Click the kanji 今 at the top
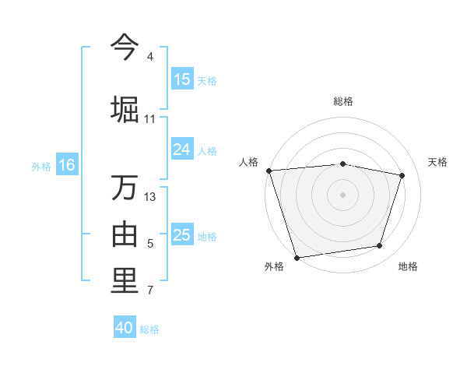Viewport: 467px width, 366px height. pyautogui.click(x=125, y=48)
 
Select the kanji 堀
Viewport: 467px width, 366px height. pyautogui.click(x=125, y=107)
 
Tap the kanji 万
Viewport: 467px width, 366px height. pyautogui.click(x=125, y=188)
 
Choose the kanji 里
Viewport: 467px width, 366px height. pyautogui.click(x=125, y=282)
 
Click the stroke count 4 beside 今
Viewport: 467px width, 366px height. pyautogui.click(x=150, y=57)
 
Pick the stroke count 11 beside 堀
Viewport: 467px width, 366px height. pyautogui.click(x=150, y=119)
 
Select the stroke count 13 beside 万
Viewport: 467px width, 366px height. pyautogui.click(x=150, y=197)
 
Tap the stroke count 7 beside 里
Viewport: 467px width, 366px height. pyautogui.click(x=150, y=291)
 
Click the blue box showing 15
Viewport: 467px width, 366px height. pyautogui.click(x=182, y=79)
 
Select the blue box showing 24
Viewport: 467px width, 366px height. pyautogui.click(x=182, y=150)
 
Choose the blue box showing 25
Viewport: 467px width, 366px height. pyautogui.click(x=182, y=235)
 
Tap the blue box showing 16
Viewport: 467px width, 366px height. pyautogui.click(x=67, y=165)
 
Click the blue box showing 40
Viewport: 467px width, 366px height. pyautogui.click(x=125, y=328)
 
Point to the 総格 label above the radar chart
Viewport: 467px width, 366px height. pyautogui.click(x=343, y=102)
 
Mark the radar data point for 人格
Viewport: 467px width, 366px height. pyautogui.click(x=269, y=171)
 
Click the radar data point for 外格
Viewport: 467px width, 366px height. pyautogui.click(x=297, y=257)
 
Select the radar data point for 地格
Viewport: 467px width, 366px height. pyautogui.click(x=380, y=246)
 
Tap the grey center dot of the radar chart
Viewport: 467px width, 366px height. pyautogui.click(x=343, y=194)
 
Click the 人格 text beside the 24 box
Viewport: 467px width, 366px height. pyautogui.click(x=207, y=150)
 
